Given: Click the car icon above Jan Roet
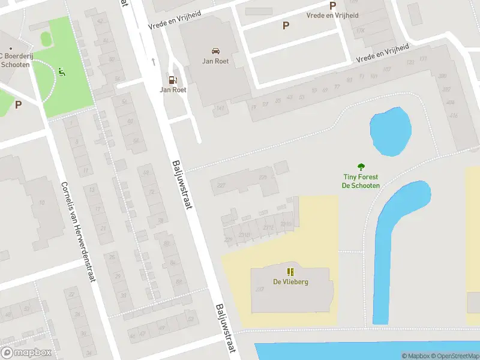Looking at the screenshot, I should click(x=215, y=50).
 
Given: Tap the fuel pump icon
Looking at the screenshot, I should click(x=173, y=79).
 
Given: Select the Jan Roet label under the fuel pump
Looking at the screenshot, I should click(x=173, y=90).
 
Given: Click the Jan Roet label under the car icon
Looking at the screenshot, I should click(x=215, y=61).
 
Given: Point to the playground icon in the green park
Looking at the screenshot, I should click(x=61, y=73).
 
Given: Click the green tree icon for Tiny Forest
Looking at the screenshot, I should click(x=361, y=167).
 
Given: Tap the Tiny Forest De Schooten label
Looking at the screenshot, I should click(x=361, y=181).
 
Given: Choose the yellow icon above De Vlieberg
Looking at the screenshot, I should click(x=290, y=272).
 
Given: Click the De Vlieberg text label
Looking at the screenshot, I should click(x=290, y=282).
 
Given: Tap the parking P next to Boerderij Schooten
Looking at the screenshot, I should click(x=18, y=104).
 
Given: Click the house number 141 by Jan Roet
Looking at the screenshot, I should click(x=220, y=108).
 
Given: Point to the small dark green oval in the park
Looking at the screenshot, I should click(x=46, y=38).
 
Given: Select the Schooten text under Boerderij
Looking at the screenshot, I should click(x=15, y=65).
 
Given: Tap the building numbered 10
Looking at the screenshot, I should click(x=42, y=203).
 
